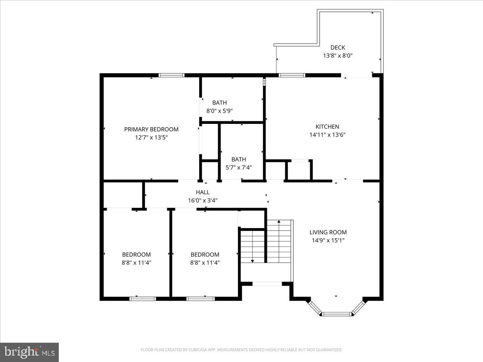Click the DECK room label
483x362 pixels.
(x=338, y=47)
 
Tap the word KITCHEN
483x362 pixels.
(x=327, y=127)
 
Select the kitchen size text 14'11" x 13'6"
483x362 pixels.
(x=327, y=135)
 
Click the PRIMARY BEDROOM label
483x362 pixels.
(x=151, y=129)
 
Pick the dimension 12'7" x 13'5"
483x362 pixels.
(x=151, y=137)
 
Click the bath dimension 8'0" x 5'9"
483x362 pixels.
(x=220, y=111)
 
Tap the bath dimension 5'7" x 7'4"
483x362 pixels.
(x=239, y=167)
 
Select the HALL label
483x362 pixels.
(x=202, y=192)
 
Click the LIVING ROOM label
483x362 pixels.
(x=328, y=232)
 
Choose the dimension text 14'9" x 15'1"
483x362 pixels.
(x=328, y=240)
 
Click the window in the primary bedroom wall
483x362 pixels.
(x=171, y=75)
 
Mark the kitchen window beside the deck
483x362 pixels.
(x=292, y=75)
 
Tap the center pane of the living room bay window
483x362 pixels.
(x=337, y=314)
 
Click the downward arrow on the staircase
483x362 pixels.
(x=252, y=260)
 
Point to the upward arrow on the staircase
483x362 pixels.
(x=279, y=222)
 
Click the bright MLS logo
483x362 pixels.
(x=29, y=352)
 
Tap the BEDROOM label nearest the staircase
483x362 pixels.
(x=205, y=255)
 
